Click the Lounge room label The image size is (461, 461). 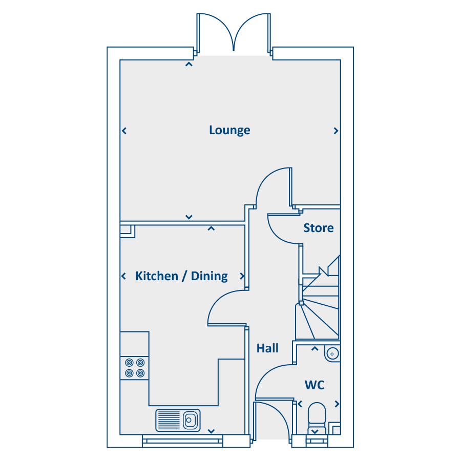click(x=229, y=130)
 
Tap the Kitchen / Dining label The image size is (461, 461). click(x=181, y=276)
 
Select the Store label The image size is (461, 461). click(x=319, y=228)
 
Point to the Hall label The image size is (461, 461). click(x=267, y=348)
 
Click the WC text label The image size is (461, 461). click(x=315, y=385)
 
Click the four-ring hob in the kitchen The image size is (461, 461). click(x=135, y=368)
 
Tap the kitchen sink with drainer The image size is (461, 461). click(x=178, y=420)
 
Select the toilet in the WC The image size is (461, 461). click(x=317, y=418)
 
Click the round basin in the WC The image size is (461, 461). click(x=332, y=353)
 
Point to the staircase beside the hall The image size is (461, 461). click(x=319, y=303)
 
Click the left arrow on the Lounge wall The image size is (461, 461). click(x=124, y=131)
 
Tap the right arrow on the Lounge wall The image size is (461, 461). click(x=336, y=131)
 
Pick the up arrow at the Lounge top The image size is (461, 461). click(x=188, y=64)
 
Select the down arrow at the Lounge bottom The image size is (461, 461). click(x=188, y=217)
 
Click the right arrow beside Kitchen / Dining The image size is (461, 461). click(x=242, y=276)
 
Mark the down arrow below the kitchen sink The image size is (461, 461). click(x=211, y=431)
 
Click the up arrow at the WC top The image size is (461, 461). click(x=315, y=349)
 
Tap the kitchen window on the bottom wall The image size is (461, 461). click(x=182, y=441)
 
